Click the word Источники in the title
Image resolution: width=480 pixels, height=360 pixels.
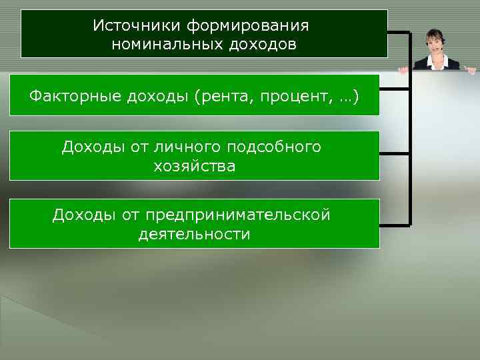137,25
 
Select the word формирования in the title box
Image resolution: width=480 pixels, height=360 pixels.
247,25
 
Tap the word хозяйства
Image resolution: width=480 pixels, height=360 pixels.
195,166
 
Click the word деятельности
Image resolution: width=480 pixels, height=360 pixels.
195,234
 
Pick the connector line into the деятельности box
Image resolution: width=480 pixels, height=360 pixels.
395,223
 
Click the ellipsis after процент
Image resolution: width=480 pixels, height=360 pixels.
345,97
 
